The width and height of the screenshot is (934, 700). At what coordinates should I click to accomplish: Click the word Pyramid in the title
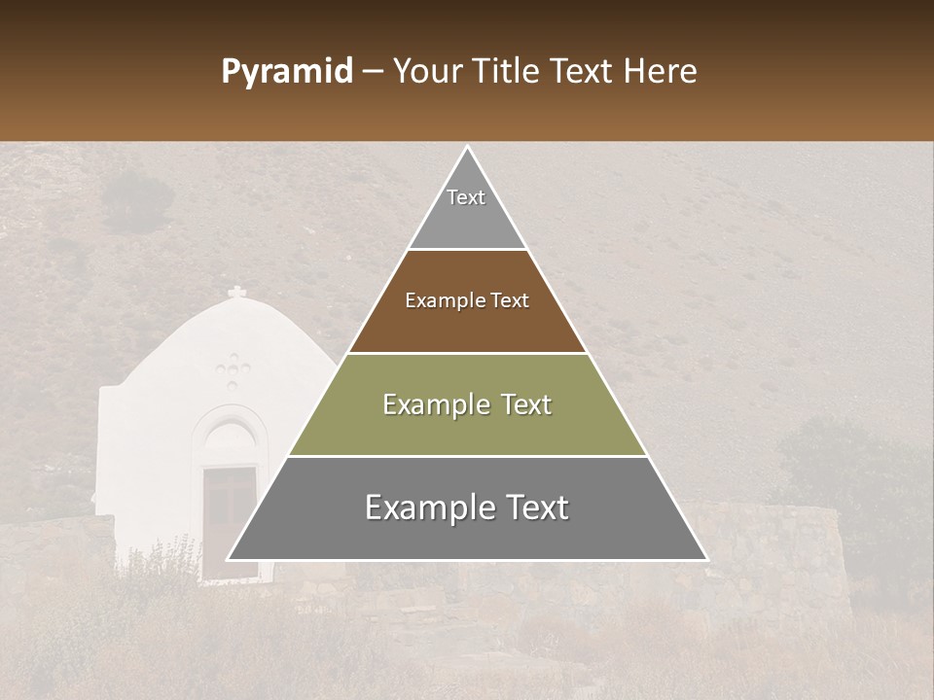286,72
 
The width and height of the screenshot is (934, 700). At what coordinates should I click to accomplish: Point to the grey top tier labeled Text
466,209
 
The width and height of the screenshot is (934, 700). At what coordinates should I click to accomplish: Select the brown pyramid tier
467,301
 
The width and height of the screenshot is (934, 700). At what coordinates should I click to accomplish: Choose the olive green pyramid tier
467,404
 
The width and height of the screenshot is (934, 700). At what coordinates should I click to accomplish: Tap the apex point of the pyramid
467,149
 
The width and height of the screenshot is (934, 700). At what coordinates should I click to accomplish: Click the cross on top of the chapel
236,293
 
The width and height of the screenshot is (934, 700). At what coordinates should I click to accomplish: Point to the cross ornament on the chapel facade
233,369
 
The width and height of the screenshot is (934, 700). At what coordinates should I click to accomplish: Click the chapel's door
230,520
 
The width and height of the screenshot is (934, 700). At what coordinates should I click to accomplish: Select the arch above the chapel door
230,433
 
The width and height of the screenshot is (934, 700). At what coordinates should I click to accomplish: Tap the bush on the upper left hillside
136,199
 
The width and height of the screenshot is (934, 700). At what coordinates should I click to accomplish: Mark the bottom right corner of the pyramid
705,559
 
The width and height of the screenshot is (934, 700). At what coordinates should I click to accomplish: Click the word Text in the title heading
583,72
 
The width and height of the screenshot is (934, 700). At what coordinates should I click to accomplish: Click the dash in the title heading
372,72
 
